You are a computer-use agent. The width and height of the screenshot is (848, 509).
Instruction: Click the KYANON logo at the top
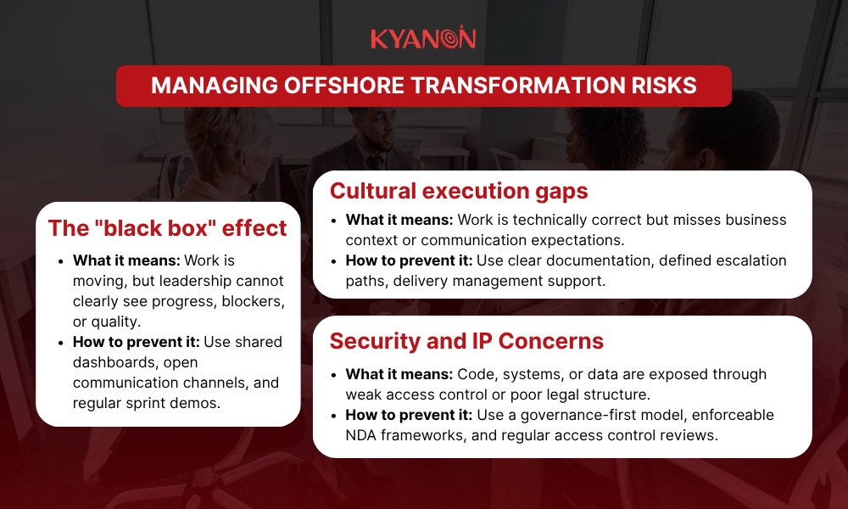click(x=423, y=38)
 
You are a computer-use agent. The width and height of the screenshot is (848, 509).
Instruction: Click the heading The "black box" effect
click(x=167, y=228)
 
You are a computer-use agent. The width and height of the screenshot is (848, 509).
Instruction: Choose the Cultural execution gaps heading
click(x=458, y=190)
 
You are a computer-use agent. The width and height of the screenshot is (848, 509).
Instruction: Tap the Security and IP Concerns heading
click(x=466, y=341)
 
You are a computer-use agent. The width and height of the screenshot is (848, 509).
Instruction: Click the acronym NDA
click(x=365, y=435)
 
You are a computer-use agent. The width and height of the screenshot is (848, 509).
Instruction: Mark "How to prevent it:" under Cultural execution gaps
click(x=406, y=260)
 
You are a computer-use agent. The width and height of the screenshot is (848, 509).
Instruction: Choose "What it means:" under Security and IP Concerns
click(x=399, y=374)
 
